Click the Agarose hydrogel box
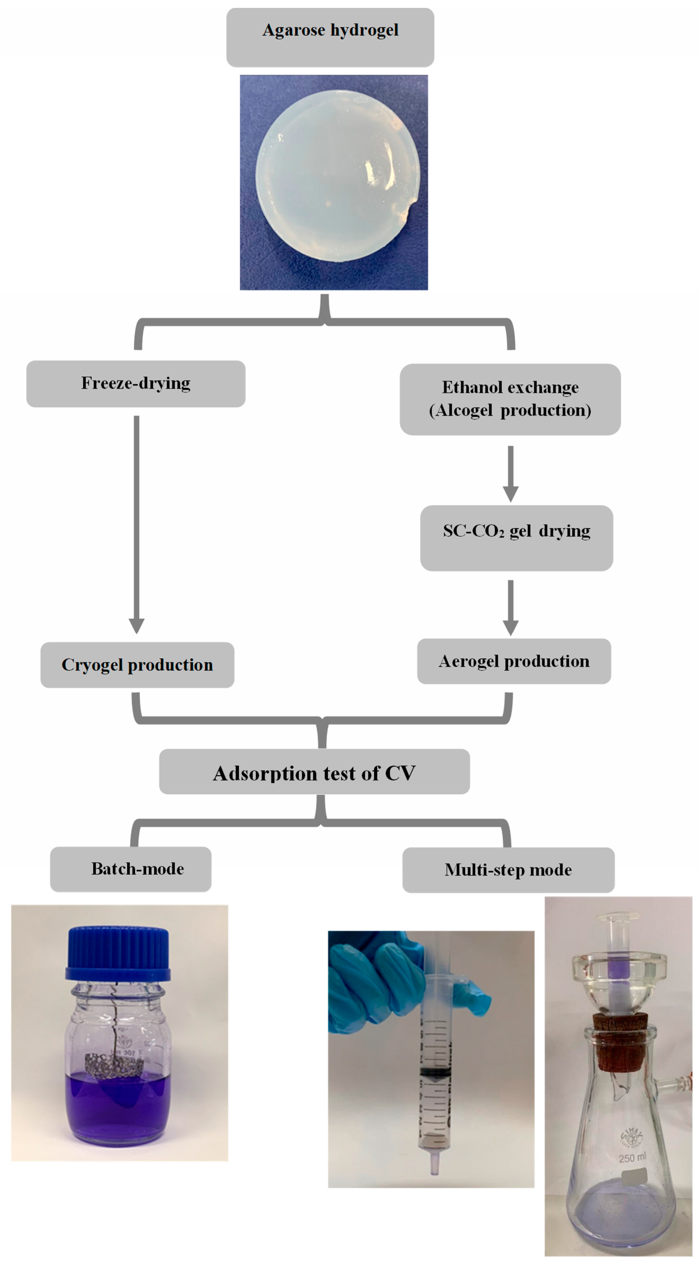[x=330, y=37]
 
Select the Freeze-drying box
[x=136, y=384]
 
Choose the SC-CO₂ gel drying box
[x=516, y=538]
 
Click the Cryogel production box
[x=137, y=665]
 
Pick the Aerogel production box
[x=514, y=661]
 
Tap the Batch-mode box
[x=131, y=869]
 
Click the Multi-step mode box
[x=508, y=870]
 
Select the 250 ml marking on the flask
[x=632, y=1157]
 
